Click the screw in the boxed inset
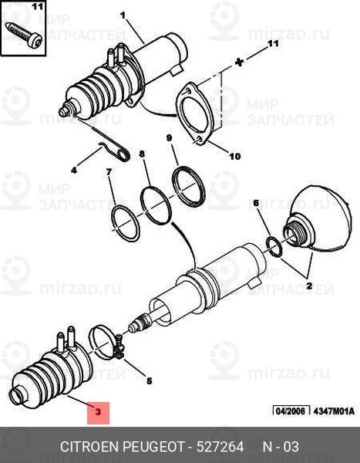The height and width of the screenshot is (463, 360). point(24,35)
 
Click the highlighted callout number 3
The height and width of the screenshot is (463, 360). point(98,411)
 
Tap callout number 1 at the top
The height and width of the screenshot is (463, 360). point(123,15)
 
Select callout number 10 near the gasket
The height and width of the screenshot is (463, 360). point(235,156)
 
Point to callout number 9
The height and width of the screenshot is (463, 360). point(169,138)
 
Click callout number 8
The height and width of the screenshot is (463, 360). point(142,154)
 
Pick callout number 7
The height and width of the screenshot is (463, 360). point(109,171)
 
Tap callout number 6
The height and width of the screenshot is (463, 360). point(256,203)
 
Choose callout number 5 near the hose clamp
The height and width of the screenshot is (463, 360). point(150,381)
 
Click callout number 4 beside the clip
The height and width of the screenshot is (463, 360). point(74,170)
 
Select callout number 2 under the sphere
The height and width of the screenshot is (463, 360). point(309,286)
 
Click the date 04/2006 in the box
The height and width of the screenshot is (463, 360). point(291,411)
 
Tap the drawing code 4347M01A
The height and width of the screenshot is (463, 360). point(334,411)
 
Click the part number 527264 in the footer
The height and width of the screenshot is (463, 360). point(220,447)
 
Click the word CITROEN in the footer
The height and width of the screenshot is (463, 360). point(89,447)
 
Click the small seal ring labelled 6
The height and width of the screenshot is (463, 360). point(274,247)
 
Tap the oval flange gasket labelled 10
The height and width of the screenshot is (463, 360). point(193,114)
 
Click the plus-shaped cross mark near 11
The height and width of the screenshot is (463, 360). point(240,63)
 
